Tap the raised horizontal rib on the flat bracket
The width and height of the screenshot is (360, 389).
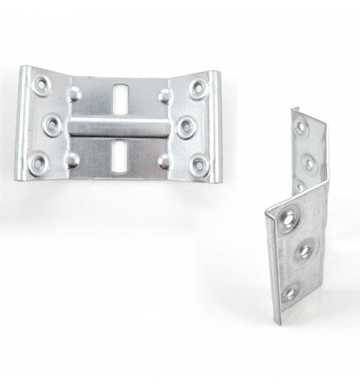(x=119, y=128)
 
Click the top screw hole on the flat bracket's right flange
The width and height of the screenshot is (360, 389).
(x=199, y=87)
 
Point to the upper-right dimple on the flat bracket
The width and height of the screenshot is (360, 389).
(x=165, y=95)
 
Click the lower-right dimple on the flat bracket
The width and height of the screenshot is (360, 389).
(x=165, y=161)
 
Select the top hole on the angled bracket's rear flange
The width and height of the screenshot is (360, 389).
(x=301, y=127)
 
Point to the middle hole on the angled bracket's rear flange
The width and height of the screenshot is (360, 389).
(x=309, y=163)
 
